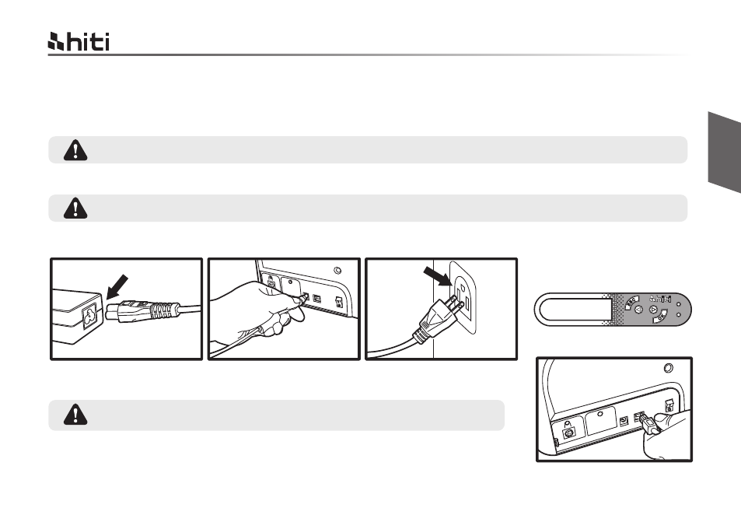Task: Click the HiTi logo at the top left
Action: (x=79, y=42)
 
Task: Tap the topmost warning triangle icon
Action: (x=75, y=150)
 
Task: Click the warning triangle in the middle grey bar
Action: (x=75, y=208)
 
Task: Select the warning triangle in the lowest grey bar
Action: (x=75, y=415)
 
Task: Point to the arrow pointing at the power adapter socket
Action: (x=117, y=286)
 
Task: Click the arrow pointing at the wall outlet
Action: (x=438, y=276)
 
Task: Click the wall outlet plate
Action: (x=463, y=297)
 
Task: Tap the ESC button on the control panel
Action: (x=631, y=302)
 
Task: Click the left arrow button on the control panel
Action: (x=638, y=310)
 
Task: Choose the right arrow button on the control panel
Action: (x=654, y=310)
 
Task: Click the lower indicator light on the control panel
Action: (x=679, y=314)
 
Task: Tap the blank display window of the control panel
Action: (x=574, y=310)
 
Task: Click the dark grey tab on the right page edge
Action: (x=725, y=152)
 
